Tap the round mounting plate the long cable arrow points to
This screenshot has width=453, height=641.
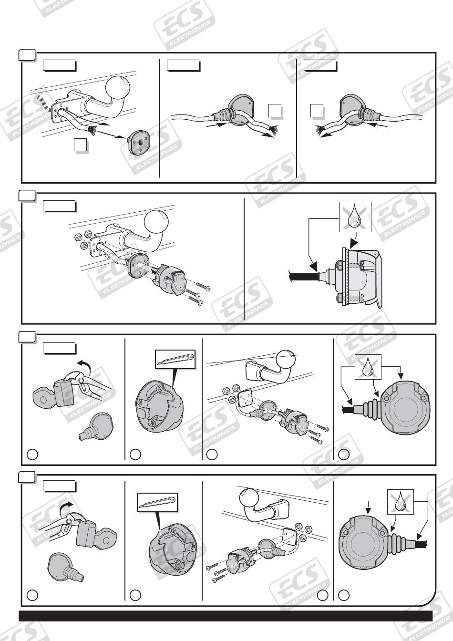point(139,143)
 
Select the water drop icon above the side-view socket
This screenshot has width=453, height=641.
point(355,217)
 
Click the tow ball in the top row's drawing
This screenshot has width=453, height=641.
point(118,88)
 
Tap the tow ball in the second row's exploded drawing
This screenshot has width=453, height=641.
point(156,222)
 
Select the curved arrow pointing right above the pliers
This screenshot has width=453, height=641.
point(66,508)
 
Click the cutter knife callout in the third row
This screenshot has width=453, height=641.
point(175,359)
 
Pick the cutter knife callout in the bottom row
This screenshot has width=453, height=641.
point(157,503)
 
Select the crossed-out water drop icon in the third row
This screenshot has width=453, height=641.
point(368,367)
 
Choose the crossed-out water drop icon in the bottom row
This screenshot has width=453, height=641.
point(401,502)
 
